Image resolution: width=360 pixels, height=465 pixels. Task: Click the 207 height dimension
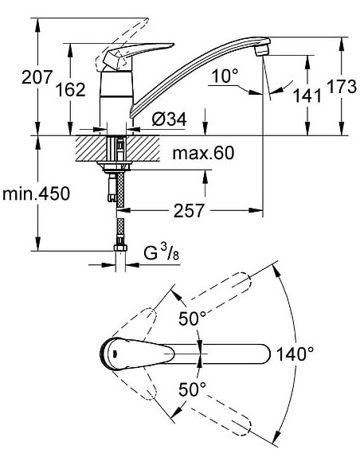(x=18, y=78)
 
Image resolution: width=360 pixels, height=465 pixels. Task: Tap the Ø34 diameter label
(x=168, y=119)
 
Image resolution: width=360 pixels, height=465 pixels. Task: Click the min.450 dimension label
(x=36, y=193)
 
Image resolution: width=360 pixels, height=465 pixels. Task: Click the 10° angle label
(x=225, y=76)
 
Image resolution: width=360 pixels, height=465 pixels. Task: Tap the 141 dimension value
(x=307, y=95)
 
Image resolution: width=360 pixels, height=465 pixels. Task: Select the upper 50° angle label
(x=191, y=318)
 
